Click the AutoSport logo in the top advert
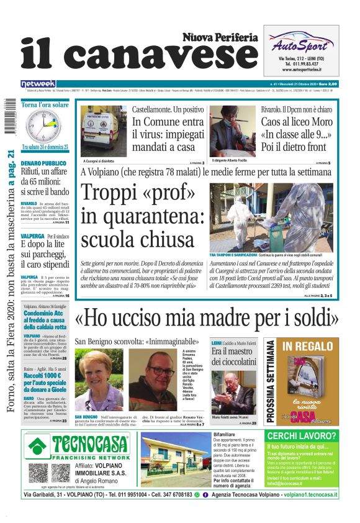tap(300, 45)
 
